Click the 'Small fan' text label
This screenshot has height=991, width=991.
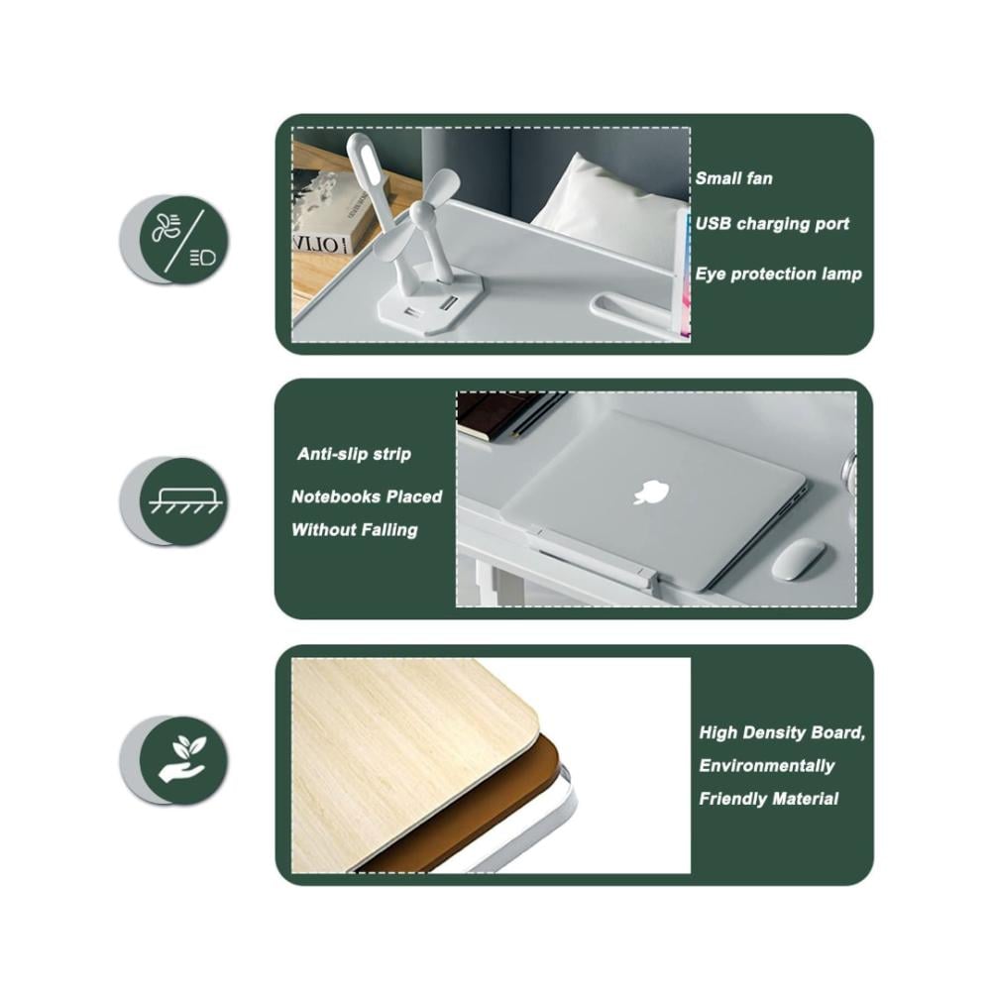(733, 178)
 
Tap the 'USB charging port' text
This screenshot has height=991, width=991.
(772, 224)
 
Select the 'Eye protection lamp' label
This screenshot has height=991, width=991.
(778, 274)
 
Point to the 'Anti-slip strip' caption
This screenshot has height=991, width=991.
(354, 454)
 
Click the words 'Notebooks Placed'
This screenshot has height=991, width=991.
(367, 496)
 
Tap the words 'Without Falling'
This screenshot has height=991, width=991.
(355, 529)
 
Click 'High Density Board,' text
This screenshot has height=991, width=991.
(782, 733)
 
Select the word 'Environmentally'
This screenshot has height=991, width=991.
(767, 766)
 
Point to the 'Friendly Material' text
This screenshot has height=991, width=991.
(769, 799)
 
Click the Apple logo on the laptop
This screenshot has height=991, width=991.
(651, 493)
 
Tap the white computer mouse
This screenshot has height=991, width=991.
(798, 559)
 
